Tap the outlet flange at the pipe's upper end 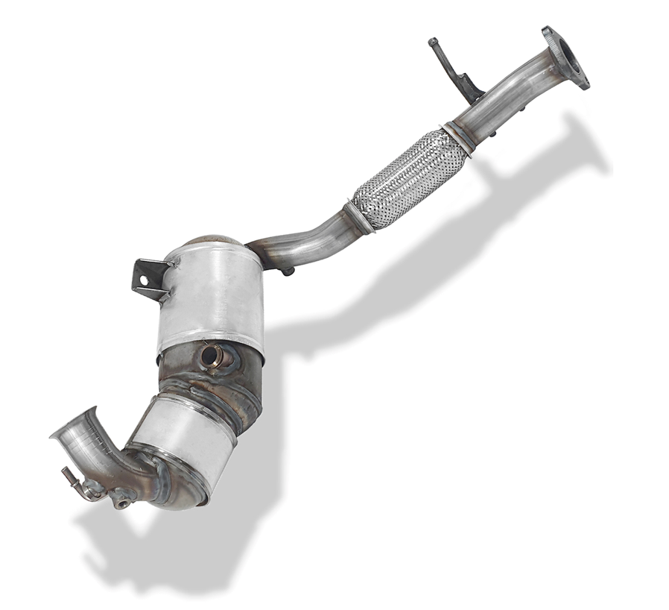click(565, 58)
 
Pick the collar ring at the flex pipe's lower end click(360, 216)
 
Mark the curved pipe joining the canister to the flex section click(305, 241)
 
